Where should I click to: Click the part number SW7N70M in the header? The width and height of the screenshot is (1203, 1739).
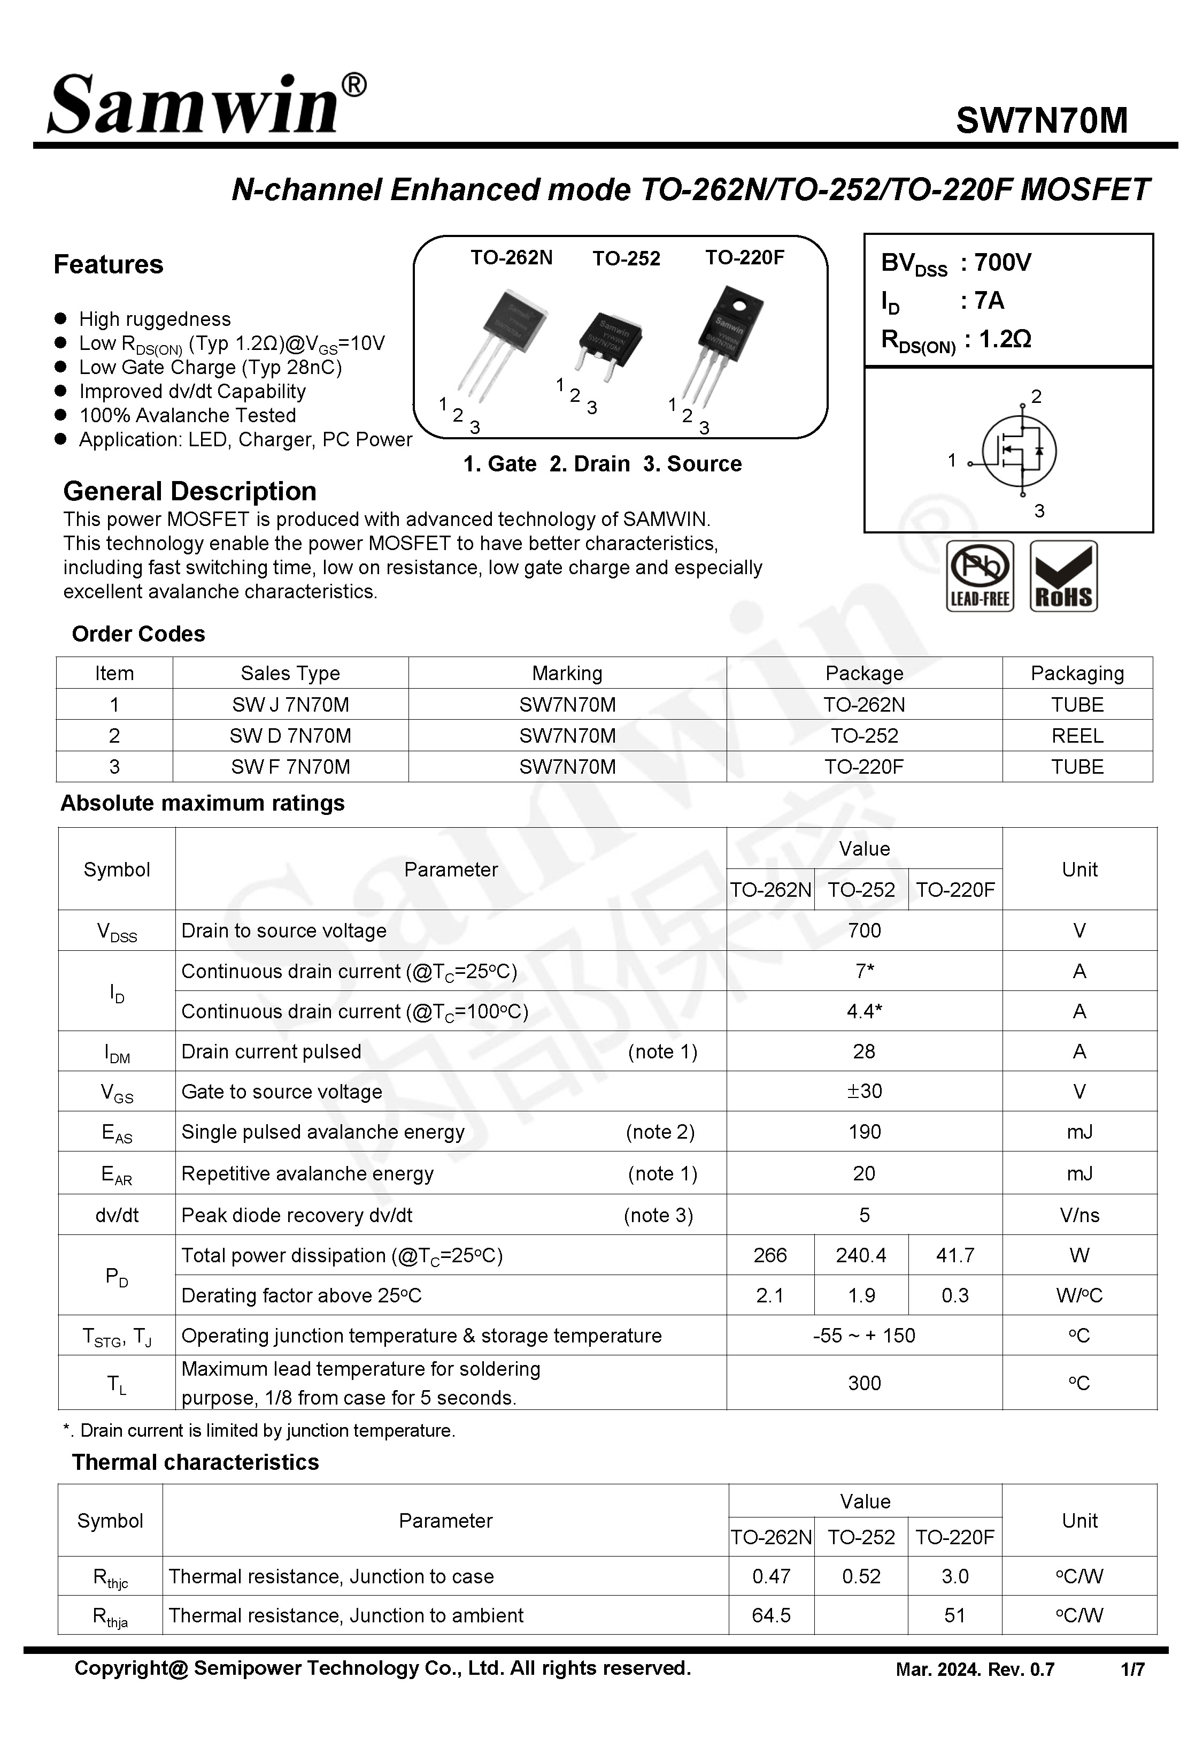[1041, 120]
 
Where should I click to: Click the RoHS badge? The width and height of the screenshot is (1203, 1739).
[1063, 576]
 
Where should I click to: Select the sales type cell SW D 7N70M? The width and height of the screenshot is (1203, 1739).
[290, 735]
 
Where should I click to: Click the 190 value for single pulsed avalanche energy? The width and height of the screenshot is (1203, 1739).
[864, 1132]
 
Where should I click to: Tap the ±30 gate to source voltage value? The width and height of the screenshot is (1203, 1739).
[864, 1091]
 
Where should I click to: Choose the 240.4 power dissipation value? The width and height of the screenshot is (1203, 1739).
[860, 1256]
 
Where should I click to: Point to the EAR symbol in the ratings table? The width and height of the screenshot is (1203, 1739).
[117, 1174]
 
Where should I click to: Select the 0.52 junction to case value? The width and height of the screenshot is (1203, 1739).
[860, 1576]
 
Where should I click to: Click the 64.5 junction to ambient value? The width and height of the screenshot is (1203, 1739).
[770, 1615]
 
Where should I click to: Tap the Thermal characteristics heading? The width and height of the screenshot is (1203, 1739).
[195, 1462]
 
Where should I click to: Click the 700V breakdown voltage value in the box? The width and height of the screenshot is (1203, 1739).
[1002, 262]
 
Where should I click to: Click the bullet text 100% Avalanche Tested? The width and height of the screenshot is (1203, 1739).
[187, 416]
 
